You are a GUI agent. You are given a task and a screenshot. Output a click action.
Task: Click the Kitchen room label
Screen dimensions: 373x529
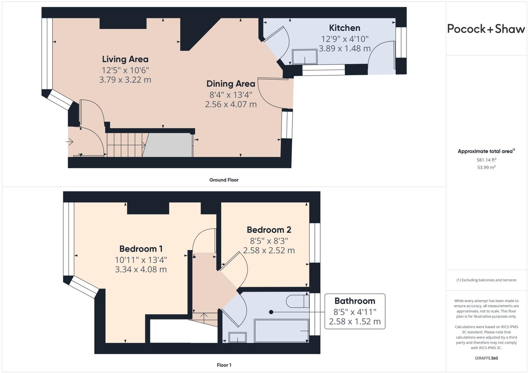coord(344,28)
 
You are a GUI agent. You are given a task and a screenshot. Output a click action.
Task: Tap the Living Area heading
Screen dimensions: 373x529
coord(125,59)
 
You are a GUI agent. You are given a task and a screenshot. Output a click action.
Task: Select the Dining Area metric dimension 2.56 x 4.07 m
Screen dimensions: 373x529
coord(231,104)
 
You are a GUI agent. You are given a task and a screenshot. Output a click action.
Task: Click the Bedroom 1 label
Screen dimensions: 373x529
coord(141,249)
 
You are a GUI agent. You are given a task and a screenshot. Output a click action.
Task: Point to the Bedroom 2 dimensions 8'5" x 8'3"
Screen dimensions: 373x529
coord(269,241)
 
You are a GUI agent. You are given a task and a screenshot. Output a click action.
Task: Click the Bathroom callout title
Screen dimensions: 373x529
coord(355,301)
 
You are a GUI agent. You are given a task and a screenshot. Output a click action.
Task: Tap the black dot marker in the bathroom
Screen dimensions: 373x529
coord(271,312)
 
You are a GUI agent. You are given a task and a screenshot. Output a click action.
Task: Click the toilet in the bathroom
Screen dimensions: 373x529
coord(297,301)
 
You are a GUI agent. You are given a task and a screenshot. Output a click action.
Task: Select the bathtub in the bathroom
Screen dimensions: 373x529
coord(281,331)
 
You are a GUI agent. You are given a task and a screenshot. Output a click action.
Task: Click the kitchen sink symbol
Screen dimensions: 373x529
coord(305,57)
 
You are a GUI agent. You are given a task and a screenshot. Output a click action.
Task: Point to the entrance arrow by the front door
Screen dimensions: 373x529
coord(70,142)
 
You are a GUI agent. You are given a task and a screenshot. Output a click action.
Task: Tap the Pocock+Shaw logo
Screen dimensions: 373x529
coord(486,29)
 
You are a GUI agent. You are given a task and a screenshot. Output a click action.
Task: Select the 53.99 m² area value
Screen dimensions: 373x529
coord(486,167)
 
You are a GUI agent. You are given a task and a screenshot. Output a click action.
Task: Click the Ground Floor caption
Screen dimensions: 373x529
coord(224,180)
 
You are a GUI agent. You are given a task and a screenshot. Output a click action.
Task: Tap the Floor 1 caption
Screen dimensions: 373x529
coord(224,365)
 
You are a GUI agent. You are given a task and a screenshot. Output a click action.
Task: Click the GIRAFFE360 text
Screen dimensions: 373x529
coord(486,358)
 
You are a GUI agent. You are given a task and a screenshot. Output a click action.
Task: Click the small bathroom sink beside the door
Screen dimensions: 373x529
coord(237,337)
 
